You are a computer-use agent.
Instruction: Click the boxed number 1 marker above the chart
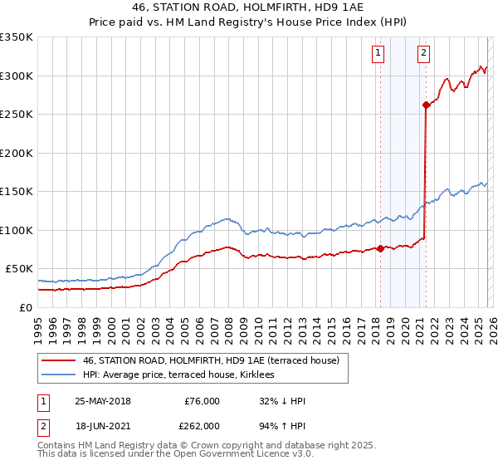378,53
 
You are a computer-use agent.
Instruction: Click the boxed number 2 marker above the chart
424,53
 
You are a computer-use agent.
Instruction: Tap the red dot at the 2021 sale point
426,105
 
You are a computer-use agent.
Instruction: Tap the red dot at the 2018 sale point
380,248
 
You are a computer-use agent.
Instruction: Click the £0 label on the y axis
27,307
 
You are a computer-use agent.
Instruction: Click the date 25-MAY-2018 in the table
103,401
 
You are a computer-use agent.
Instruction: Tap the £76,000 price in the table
203,401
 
